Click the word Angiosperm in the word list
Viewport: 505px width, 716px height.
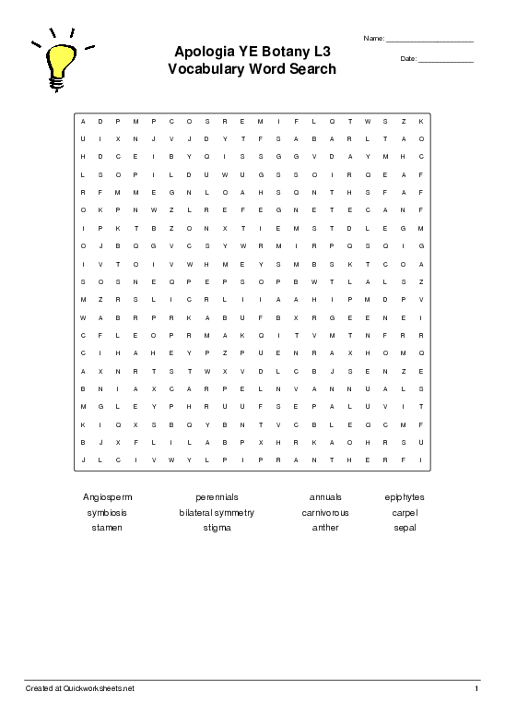click(107, 496)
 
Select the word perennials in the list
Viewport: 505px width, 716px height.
click(217, 496)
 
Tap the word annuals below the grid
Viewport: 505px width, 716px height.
click(325, 496)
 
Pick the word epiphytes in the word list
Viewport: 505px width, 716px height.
click(405, 496)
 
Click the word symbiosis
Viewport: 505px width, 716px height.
click(107, 512)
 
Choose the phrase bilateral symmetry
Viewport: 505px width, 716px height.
click(217, 512)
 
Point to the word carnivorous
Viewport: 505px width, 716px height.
click(325, 512)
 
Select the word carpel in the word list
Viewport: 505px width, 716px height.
click(405, 512)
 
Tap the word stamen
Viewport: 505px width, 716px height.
click(107, 528)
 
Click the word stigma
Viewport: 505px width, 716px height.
click(217, 528)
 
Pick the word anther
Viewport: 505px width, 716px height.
click(325, 528)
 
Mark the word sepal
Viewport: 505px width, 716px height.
click(405, 528)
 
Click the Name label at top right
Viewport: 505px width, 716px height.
click(373, 39)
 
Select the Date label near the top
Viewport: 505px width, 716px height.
click(408, 59)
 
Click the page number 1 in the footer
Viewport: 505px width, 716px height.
click(476, 689)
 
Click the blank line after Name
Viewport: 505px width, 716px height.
click(429, 41)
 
